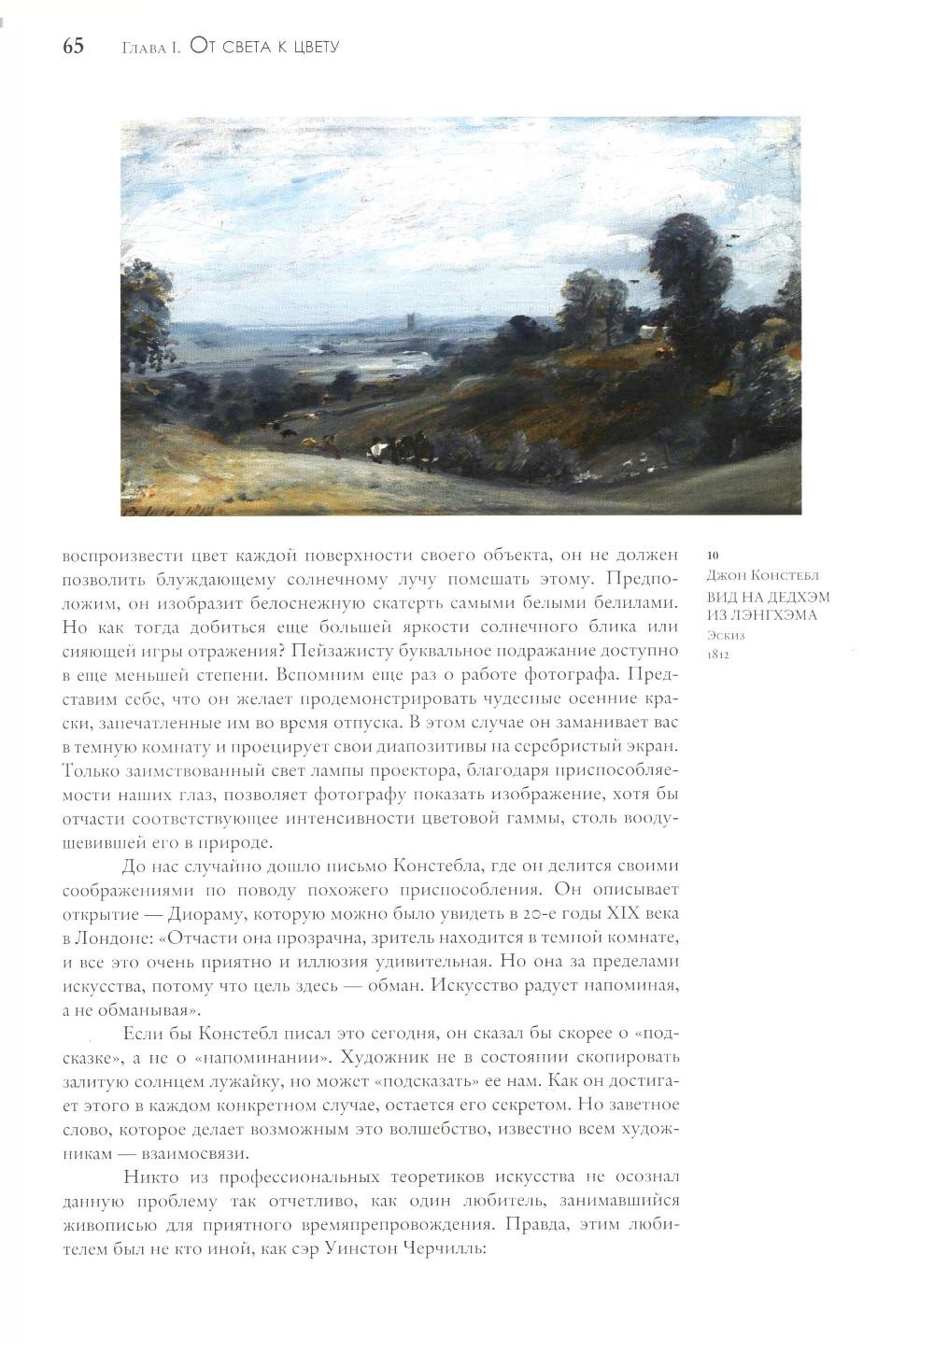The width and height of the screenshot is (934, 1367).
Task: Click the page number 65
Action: [74, 46]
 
